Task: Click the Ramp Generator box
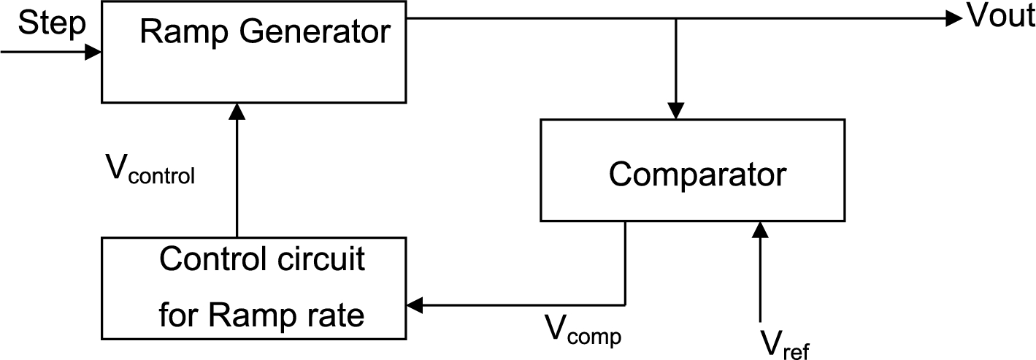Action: pos(254,51)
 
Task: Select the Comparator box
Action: pos(692,169)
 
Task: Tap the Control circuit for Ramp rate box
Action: pos(254,288)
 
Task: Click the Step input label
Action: pos(51,23)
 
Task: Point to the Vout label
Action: pos(1000,17)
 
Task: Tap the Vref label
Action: pos(785,343)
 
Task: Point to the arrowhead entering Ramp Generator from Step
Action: pos(93,52)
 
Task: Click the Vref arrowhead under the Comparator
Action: pos(760,231)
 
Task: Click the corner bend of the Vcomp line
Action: pos(625,305)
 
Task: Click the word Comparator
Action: pos(697,174)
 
